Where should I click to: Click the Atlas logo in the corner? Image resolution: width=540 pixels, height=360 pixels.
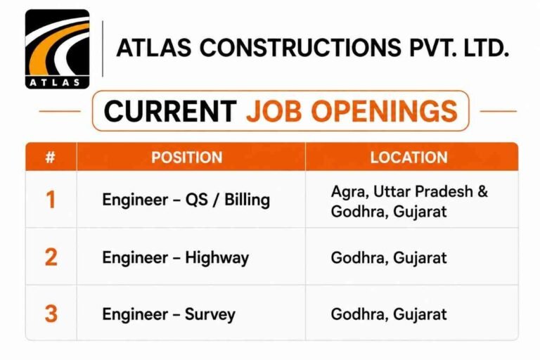pos(57,49)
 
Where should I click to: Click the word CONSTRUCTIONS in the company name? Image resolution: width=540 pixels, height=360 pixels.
pos(300,47)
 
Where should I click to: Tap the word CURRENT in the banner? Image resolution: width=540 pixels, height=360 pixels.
pos(170,111)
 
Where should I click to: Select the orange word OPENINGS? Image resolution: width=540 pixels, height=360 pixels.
pos(385,111)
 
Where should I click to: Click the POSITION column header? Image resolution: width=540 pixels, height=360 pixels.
pos(187,157)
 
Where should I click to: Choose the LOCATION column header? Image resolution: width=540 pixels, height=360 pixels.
pos(409,157)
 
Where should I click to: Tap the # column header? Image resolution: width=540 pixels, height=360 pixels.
pos(51,157)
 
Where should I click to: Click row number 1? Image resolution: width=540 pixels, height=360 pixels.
pos(51,200)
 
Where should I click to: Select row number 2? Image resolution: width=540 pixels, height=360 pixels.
pos(51,257)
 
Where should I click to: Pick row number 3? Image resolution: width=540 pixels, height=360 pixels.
pos(51,314)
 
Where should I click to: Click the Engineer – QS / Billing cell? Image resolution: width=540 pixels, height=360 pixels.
pos(186,200)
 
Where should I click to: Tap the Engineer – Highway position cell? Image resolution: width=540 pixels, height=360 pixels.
pos(175,257)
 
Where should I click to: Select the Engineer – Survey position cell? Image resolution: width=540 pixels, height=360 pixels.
pos(169,314)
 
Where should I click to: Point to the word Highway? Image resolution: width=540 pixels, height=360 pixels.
pos(217,258)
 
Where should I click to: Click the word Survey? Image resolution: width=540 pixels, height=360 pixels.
pos(210,314)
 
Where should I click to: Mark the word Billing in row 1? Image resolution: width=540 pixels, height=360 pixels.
pos(247,200)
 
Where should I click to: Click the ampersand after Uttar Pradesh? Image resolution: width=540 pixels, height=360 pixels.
pos(482,191)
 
